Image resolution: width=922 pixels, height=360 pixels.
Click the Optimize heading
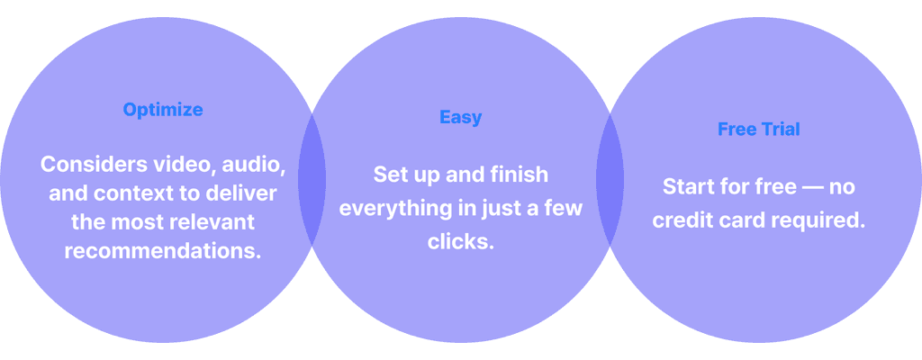[x=163, y=110]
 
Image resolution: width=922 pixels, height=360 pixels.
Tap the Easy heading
[x=460, y=117]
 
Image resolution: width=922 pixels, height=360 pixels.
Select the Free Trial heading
[x=758, y=129]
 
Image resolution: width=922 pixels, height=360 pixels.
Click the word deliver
[x=245, y=193]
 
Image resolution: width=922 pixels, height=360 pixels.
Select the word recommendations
[x=163, y=250]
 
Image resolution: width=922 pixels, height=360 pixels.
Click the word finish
[x=520, y=175]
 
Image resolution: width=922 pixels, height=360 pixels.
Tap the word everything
[x=392, y=208]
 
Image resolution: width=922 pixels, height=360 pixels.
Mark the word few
[x=563, y=208]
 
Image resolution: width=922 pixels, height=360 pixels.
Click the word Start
[x=689, y=187]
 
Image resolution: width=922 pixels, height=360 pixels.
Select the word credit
[x=686, y=220]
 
